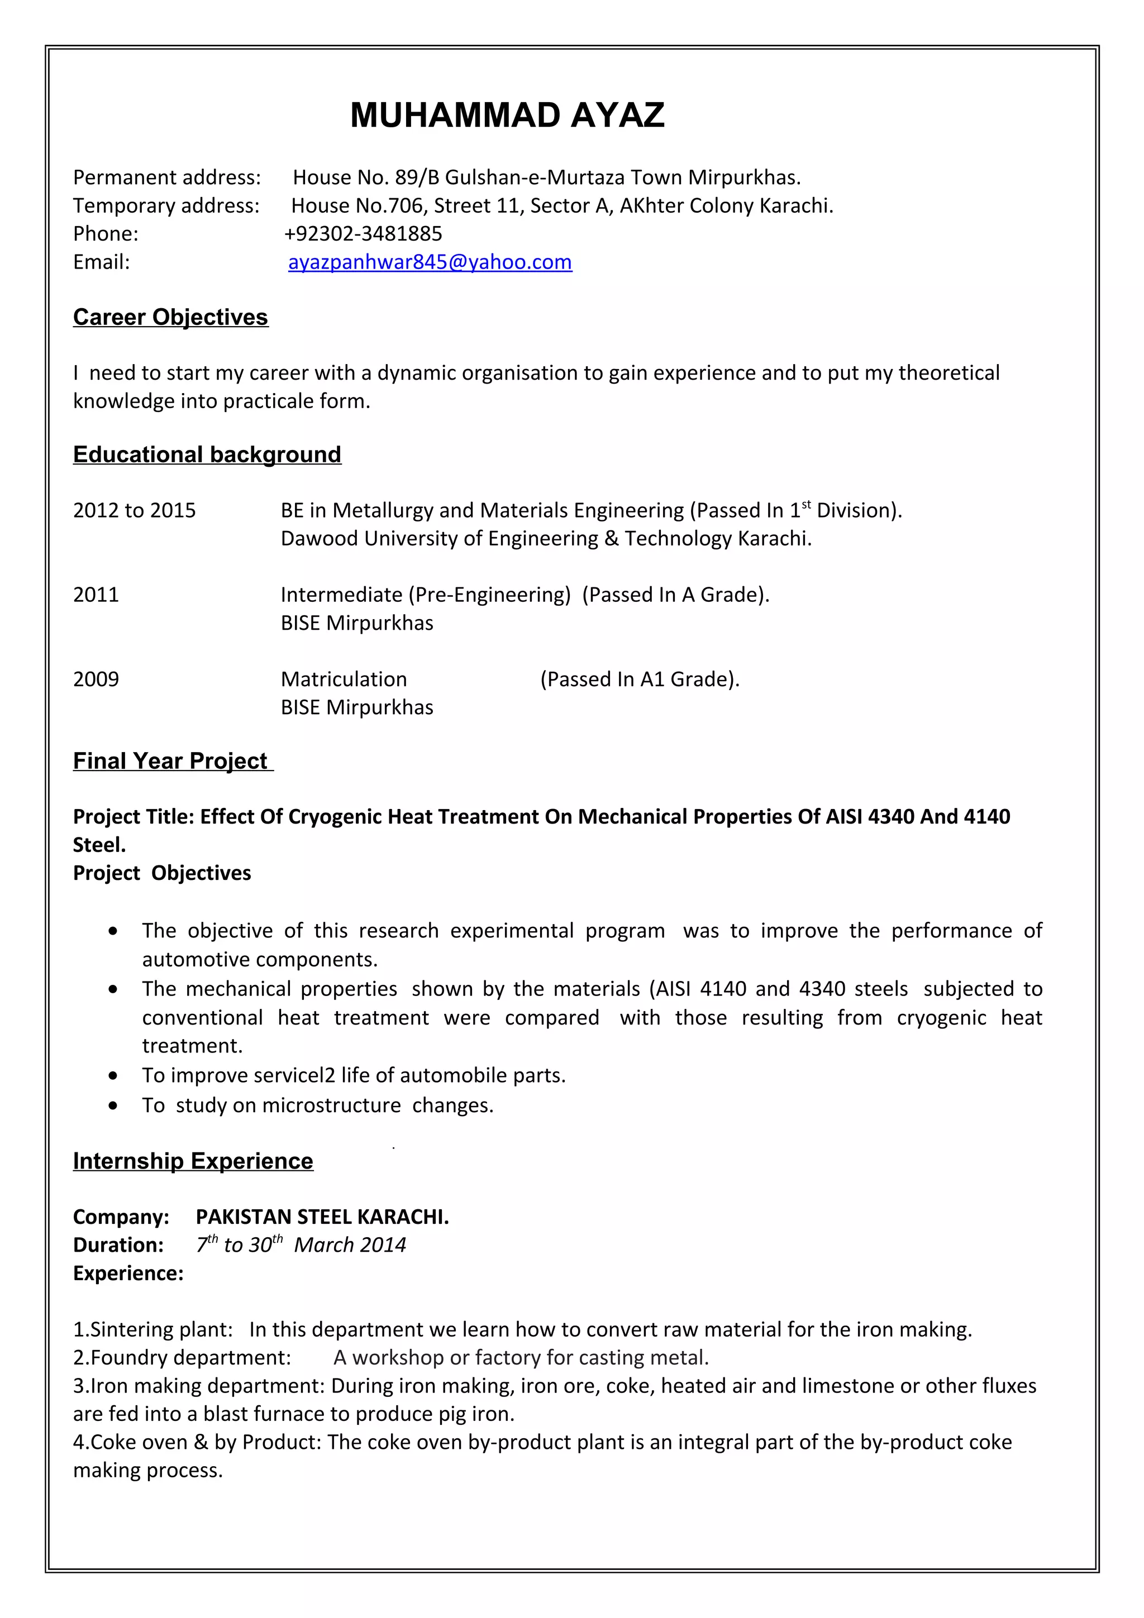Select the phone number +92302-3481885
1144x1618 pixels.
363,233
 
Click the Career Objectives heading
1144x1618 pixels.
170,317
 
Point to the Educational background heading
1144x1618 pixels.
207,454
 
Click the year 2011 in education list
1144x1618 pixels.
96,595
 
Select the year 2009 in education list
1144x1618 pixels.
96,679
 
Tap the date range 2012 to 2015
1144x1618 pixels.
134,510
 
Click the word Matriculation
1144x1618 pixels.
344,679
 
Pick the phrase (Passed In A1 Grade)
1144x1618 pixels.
640,679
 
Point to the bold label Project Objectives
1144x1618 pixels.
162,873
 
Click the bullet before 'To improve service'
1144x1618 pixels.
113,1076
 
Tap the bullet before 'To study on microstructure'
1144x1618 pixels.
113,1105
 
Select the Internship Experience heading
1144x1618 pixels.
193,1161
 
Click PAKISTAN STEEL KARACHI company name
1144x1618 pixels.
322,1217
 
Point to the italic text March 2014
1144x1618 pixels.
350,1245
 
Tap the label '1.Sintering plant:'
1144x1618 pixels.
153,1330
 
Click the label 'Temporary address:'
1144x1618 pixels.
166,206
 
